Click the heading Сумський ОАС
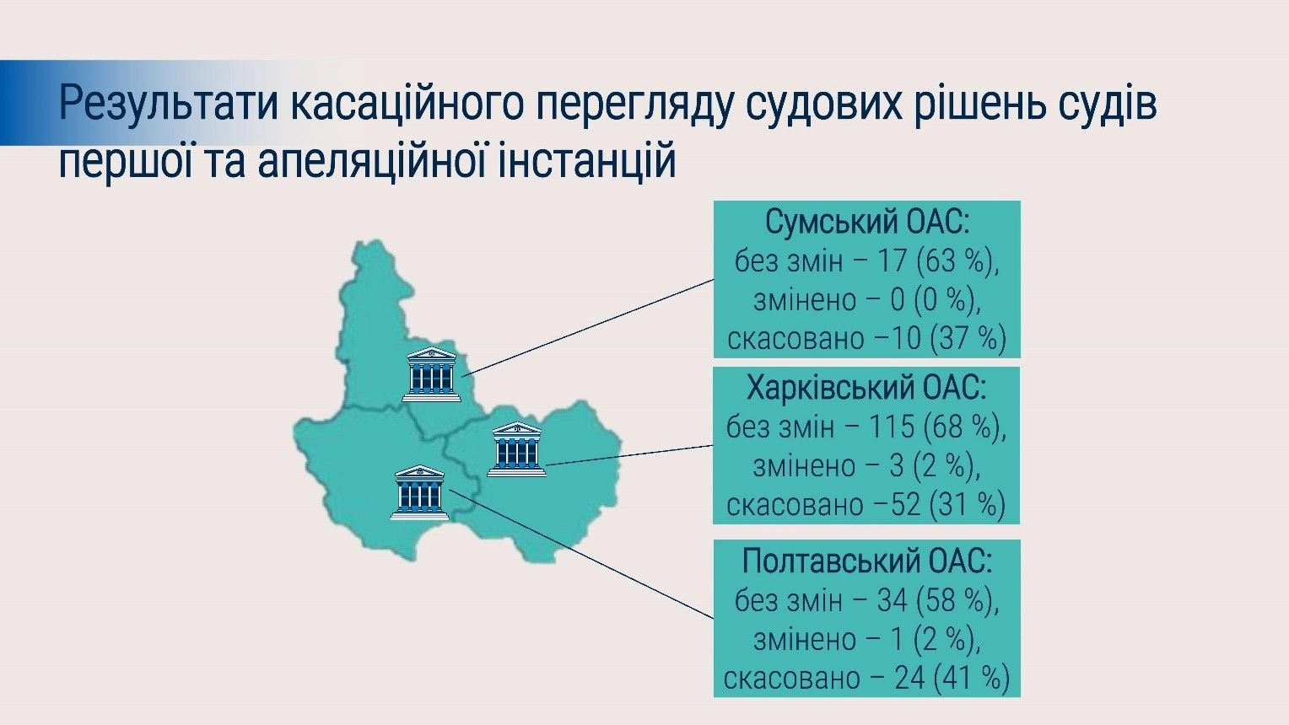pos(867,223)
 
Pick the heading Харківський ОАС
pos(866,388)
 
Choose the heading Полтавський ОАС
pos(867,561)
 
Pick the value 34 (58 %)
pos(938,600)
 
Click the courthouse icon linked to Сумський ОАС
pos(432,374)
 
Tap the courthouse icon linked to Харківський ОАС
pos(517,449)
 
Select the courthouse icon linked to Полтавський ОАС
pos(420,492)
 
